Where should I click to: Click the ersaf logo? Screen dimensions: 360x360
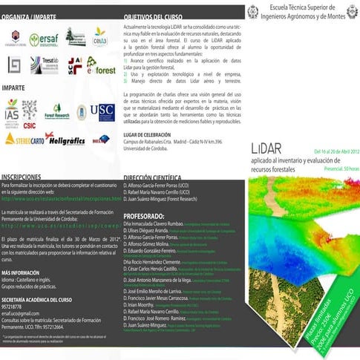[43, 40]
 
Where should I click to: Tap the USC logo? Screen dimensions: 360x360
[102, 112]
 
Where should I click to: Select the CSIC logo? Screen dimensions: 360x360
[30, 110]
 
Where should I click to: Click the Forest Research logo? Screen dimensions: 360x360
[57, 112]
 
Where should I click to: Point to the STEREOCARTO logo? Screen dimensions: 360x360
[23, 139]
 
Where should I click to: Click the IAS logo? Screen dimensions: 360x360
[12, 111]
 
